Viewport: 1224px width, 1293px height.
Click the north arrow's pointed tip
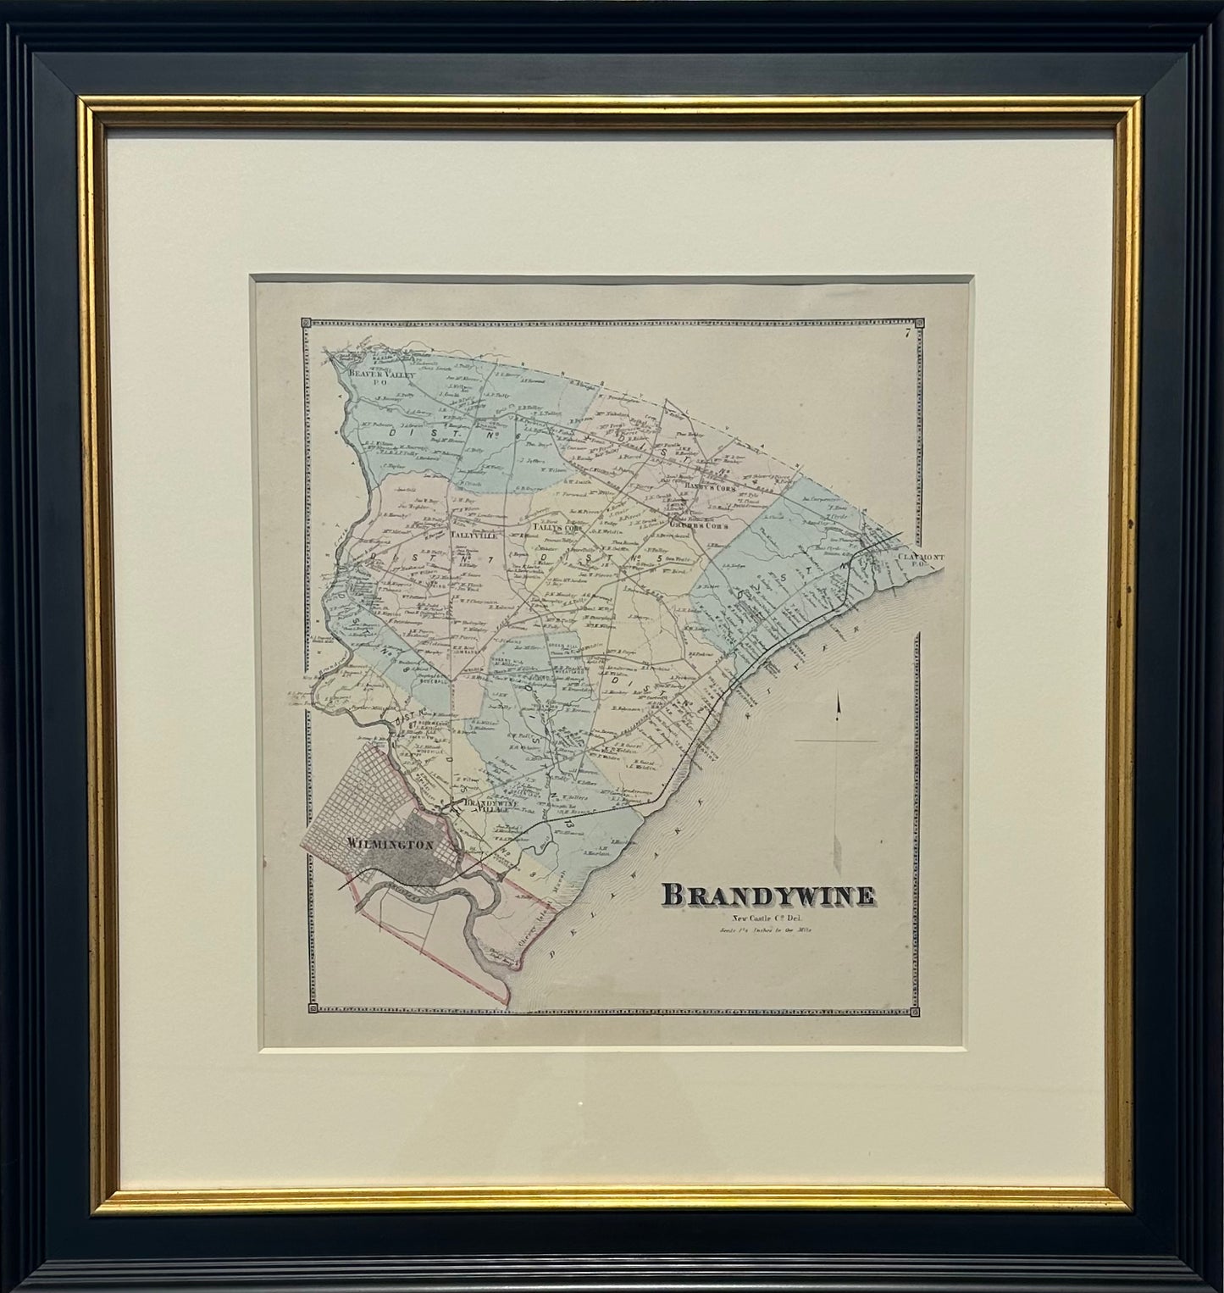[x=838, y=697]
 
